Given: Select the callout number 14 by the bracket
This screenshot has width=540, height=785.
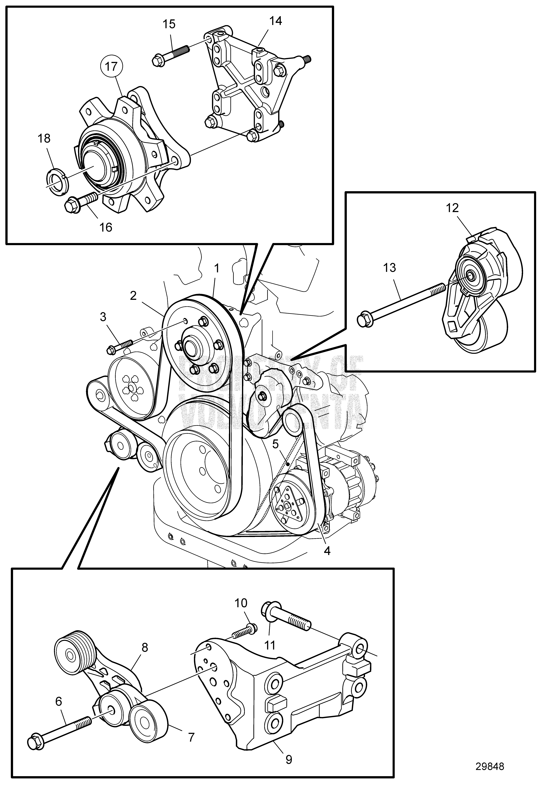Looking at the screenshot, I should coord(275,21).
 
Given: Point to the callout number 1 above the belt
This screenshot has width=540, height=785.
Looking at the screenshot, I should coord(217,269).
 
